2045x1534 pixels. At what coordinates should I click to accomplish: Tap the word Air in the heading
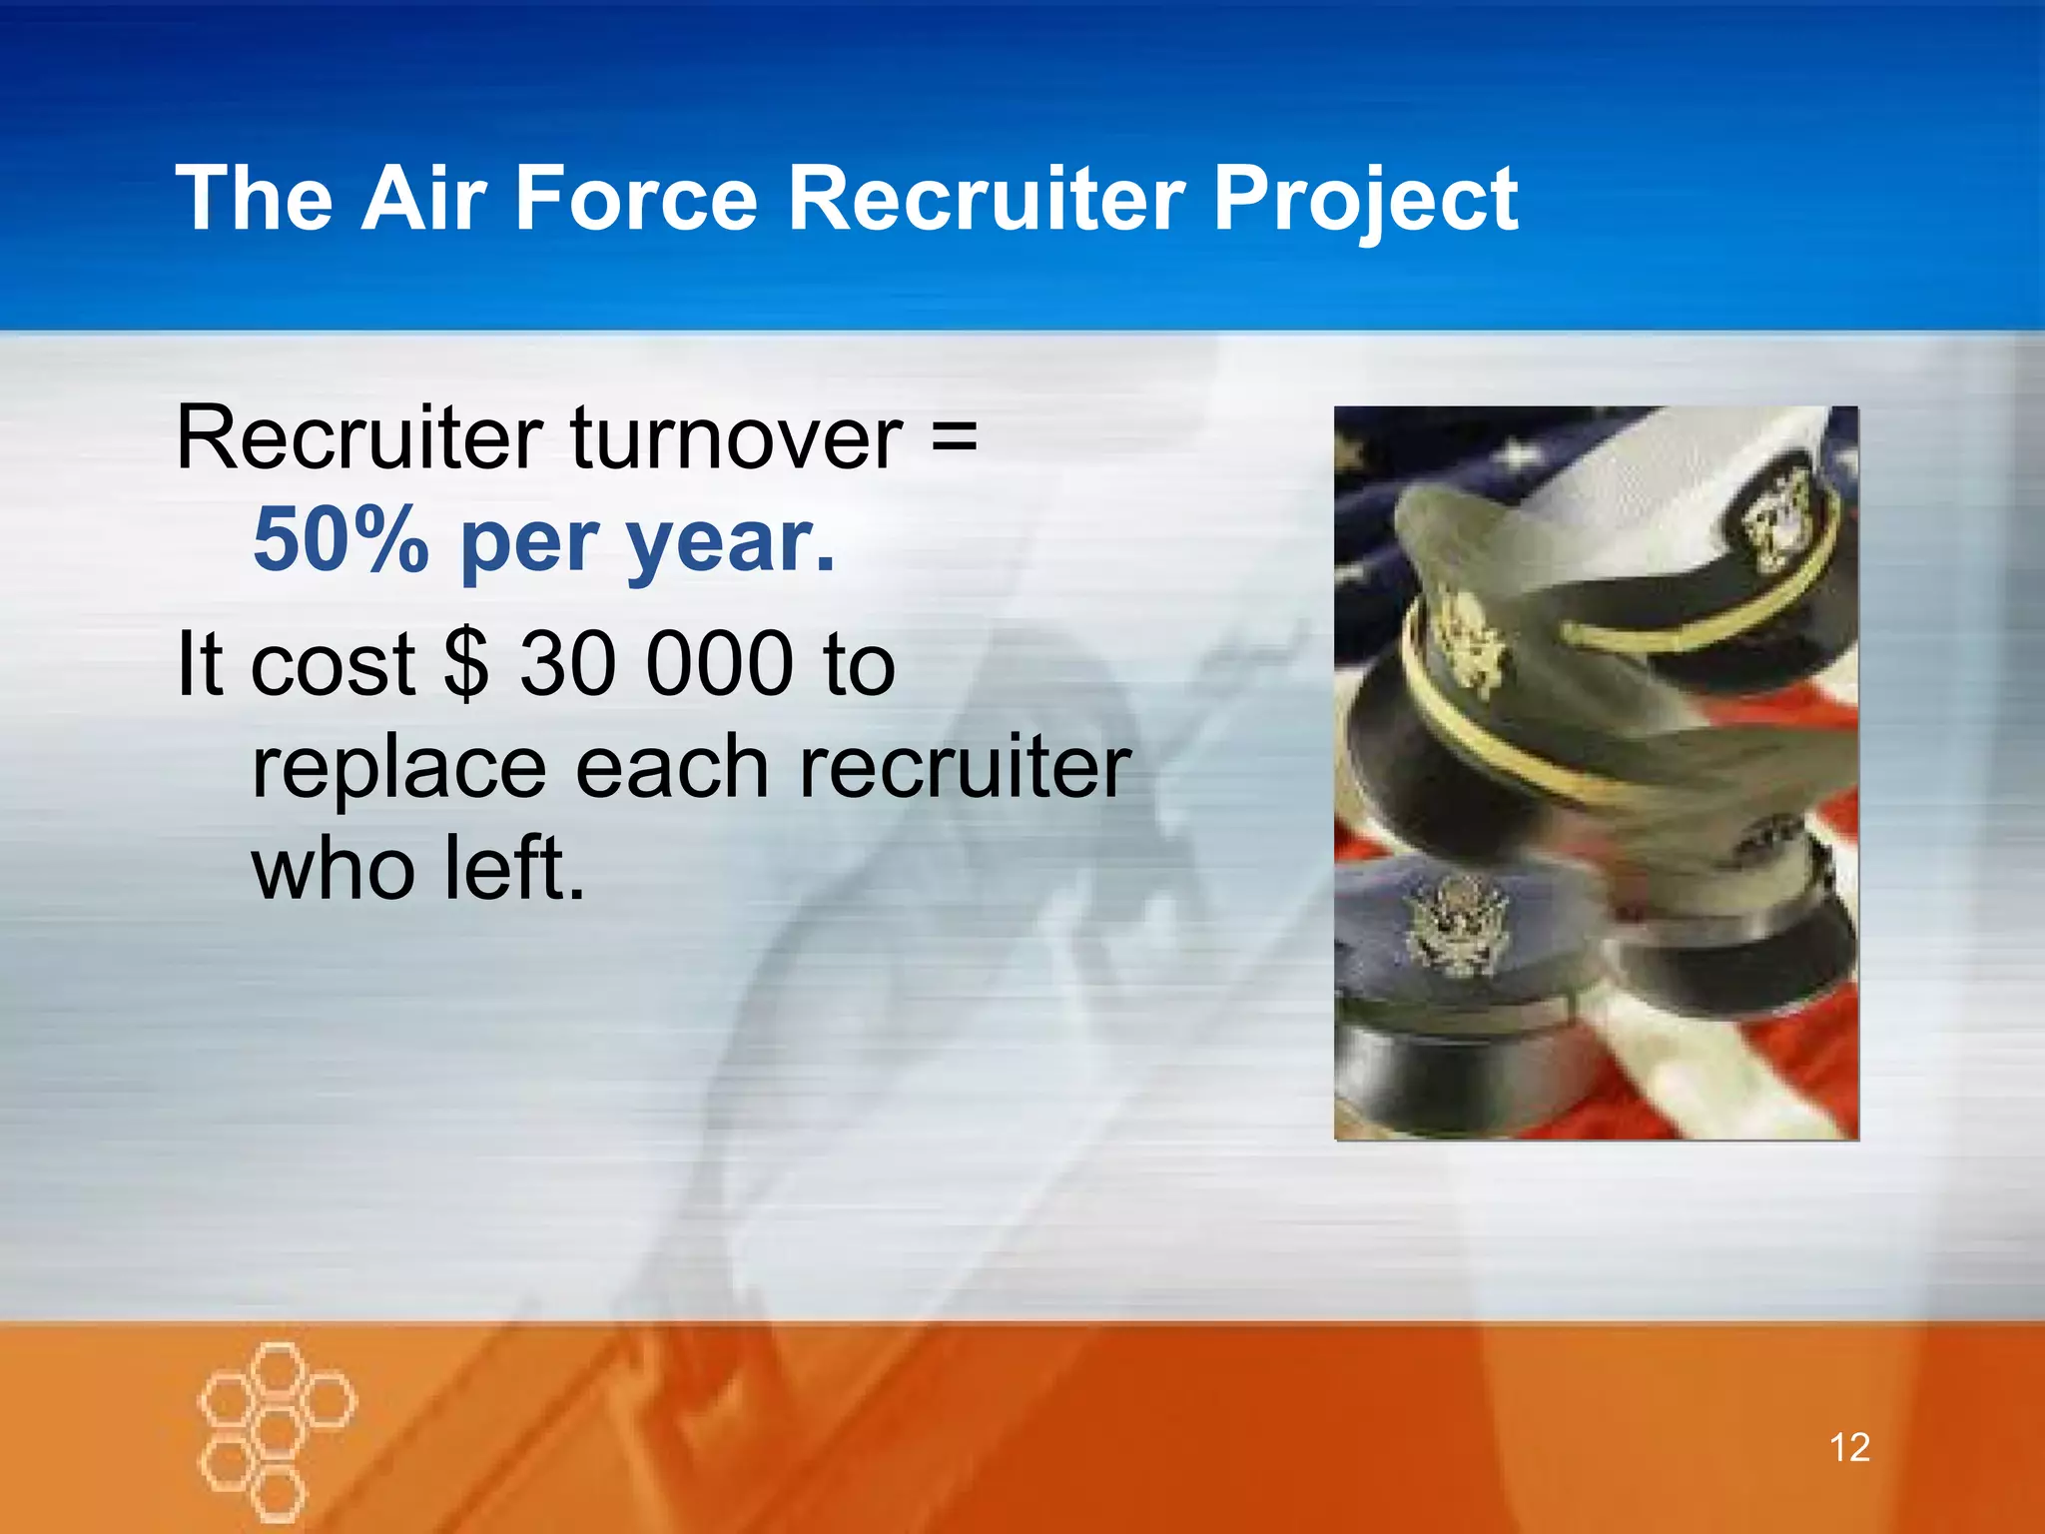click(x=423, y=199)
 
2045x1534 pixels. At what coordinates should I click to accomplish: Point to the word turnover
click(x=737, y=438)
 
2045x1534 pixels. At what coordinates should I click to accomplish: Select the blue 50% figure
click(x=341, y=540)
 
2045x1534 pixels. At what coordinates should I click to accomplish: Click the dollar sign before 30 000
click(x=466, y=664)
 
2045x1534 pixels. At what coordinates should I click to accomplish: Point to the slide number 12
click(x=1849, y=1447)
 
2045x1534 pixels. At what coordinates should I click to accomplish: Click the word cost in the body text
click(x=333, y=665)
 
